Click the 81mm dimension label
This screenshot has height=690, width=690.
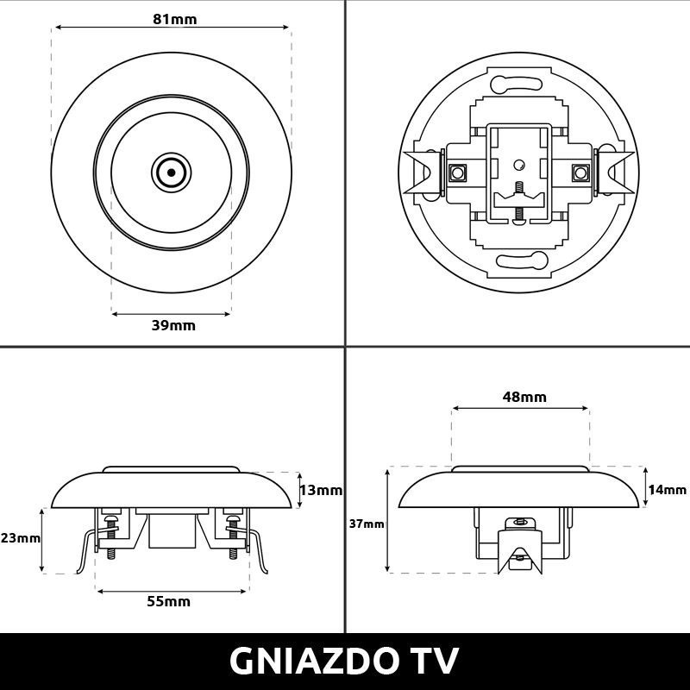[172, 19]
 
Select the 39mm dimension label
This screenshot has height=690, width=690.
[173, 325]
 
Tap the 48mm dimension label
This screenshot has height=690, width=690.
[524, 398]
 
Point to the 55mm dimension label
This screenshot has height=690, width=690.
[169, 601]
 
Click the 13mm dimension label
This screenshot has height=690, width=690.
[320, 490]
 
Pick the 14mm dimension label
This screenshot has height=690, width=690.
[668, 489]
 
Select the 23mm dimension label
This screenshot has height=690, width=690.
[20, 537]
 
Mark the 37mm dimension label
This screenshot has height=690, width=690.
[367, 524]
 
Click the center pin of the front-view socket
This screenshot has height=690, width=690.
[172, 172]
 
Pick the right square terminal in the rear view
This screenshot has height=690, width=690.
[580, 172]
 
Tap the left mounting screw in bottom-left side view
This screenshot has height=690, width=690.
[110, 534]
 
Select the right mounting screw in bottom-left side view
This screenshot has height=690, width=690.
[232, 534]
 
